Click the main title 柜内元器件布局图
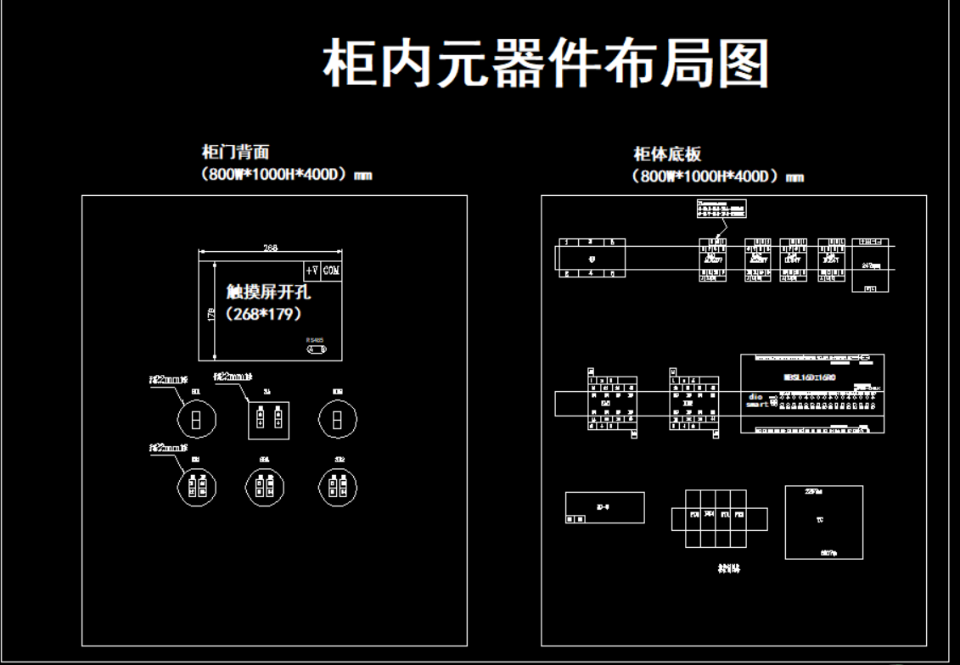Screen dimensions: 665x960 coord(547,64)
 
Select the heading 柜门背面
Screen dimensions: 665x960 coord(235,153)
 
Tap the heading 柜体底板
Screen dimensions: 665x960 coord(667,154)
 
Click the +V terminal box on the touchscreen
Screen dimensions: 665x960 coord(312,270)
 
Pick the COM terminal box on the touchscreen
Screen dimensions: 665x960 coord(331,270)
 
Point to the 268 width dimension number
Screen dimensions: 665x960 coord(270,248)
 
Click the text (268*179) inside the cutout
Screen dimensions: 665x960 coord(264,314)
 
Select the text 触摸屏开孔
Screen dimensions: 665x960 coord(268,293)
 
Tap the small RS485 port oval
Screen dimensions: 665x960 coord(316,349)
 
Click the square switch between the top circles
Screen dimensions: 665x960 coord(268,420)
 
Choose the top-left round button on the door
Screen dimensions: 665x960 coord(196,418)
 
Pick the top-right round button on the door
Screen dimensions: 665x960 coord(337,418)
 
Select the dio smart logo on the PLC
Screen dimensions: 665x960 coord(757,400)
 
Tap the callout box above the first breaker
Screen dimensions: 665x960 coord(721,209)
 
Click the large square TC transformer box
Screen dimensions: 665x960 coord(822,522)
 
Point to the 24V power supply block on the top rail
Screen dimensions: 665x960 coord(870,264)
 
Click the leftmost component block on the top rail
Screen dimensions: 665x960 coord(592,258)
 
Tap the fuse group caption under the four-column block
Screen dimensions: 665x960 coord(727,569)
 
